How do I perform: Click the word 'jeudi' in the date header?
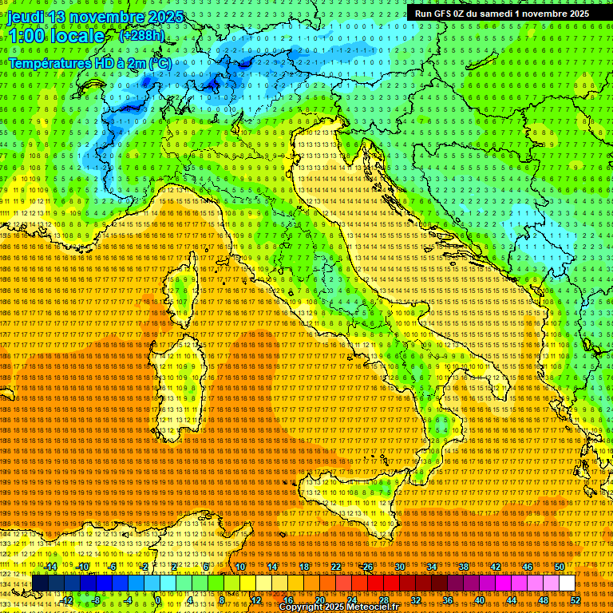coord(27,17)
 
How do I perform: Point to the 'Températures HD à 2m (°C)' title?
coord(89,62)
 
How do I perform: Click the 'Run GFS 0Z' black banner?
coord(501,14)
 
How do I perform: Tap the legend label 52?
coord(575,600)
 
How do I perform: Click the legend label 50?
coord(560,567)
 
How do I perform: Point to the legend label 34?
coord(432,567)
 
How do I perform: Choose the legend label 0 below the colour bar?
coord(158,600)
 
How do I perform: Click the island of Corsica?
coord(184,287)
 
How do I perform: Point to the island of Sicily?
coord(351,511)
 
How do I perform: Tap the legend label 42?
coord(496,567)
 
